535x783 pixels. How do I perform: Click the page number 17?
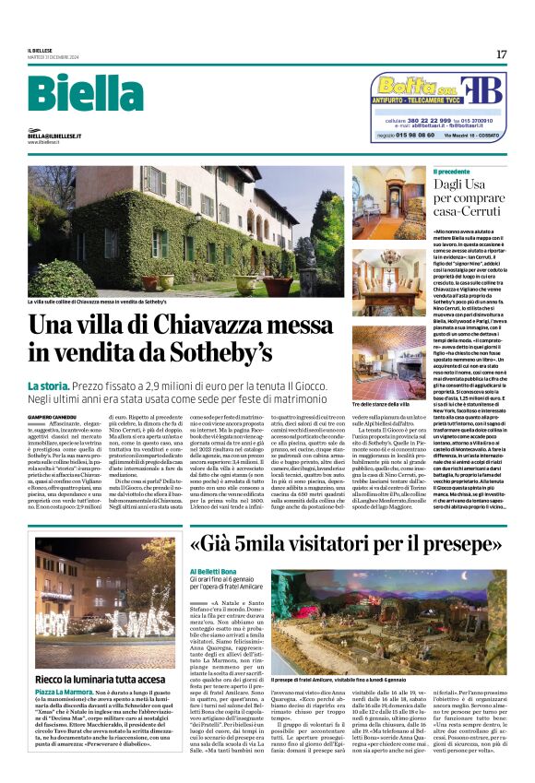[501, 54]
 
